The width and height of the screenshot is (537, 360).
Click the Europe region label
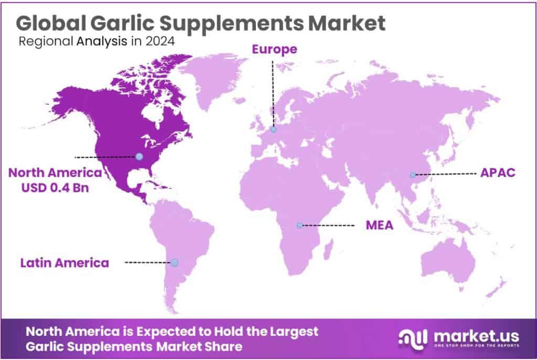(x=275, y=50)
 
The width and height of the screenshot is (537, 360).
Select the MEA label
(x=379, y=226)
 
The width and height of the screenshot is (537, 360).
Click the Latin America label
(x=65, y=262)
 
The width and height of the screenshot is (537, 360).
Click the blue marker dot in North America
(x=138, y=156)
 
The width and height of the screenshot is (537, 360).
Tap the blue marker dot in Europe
(x=273, y=129)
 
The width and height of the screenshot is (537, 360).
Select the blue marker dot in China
(x=413, y=174)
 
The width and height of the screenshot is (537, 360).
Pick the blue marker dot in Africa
(x=299, y=225)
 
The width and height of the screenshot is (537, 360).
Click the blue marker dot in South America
(x=175, y=262)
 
